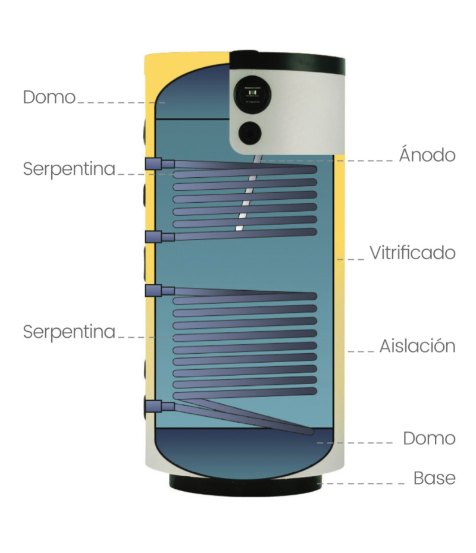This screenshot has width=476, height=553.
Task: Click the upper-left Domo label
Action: [x=49, y=97]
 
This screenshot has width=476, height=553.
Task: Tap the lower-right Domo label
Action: [x=429, y=439]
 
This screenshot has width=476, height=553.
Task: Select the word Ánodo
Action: [x=427, y=156]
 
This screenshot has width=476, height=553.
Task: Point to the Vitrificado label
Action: [x=412, y=253]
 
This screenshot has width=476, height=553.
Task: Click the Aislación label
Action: [x=417, y=346]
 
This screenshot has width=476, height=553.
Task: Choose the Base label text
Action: [x=434, y=478]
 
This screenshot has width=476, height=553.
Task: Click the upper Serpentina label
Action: [x=69, y=169]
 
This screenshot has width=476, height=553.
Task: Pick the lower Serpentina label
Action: [x=69, y=332]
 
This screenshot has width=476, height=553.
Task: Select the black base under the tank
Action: [x=245, y=482]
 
